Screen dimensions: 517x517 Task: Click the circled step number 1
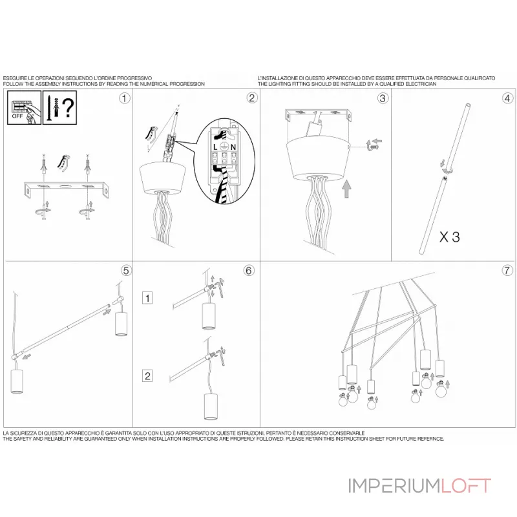tap(124, 98)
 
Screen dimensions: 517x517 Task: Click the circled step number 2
tap(252, 98)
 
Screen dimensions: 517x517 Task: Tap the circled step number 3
tap(383, 98)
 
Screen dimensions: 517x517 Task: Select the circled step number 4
tap(507, 98)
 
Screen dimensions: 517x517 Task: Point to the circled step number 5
tap(126, 270)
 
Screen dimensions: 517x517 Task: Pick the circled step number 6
tap(249, 270)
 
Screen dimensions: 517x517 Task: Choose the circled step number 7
tap(507, 270)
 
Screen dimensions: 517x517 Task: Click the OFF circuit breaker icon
tap(25, 107)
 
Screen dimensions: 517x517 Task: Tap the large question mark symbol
tap(69, 107)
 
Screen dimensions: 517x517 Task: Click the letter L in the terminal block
tap(215, 147)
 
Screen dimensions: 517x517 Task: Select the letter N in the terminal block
tap(233, 147)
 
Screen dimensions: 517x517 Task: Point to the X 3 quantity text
tap(449, 237)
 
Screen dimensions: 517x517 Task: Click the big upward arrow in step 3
tap(346, 189)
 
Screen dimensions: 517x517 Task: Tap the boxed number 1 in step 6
tap(147, 298)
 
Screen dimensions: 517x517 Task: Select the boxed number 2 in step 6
tap(147, 376)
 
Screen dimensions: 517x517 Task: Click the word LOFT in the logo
tap(466, 486)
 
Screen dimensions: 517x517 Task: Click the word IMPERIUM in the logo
tap(395, 486)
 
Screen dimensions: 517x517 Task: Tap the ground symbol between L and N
tap(224, 147)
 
